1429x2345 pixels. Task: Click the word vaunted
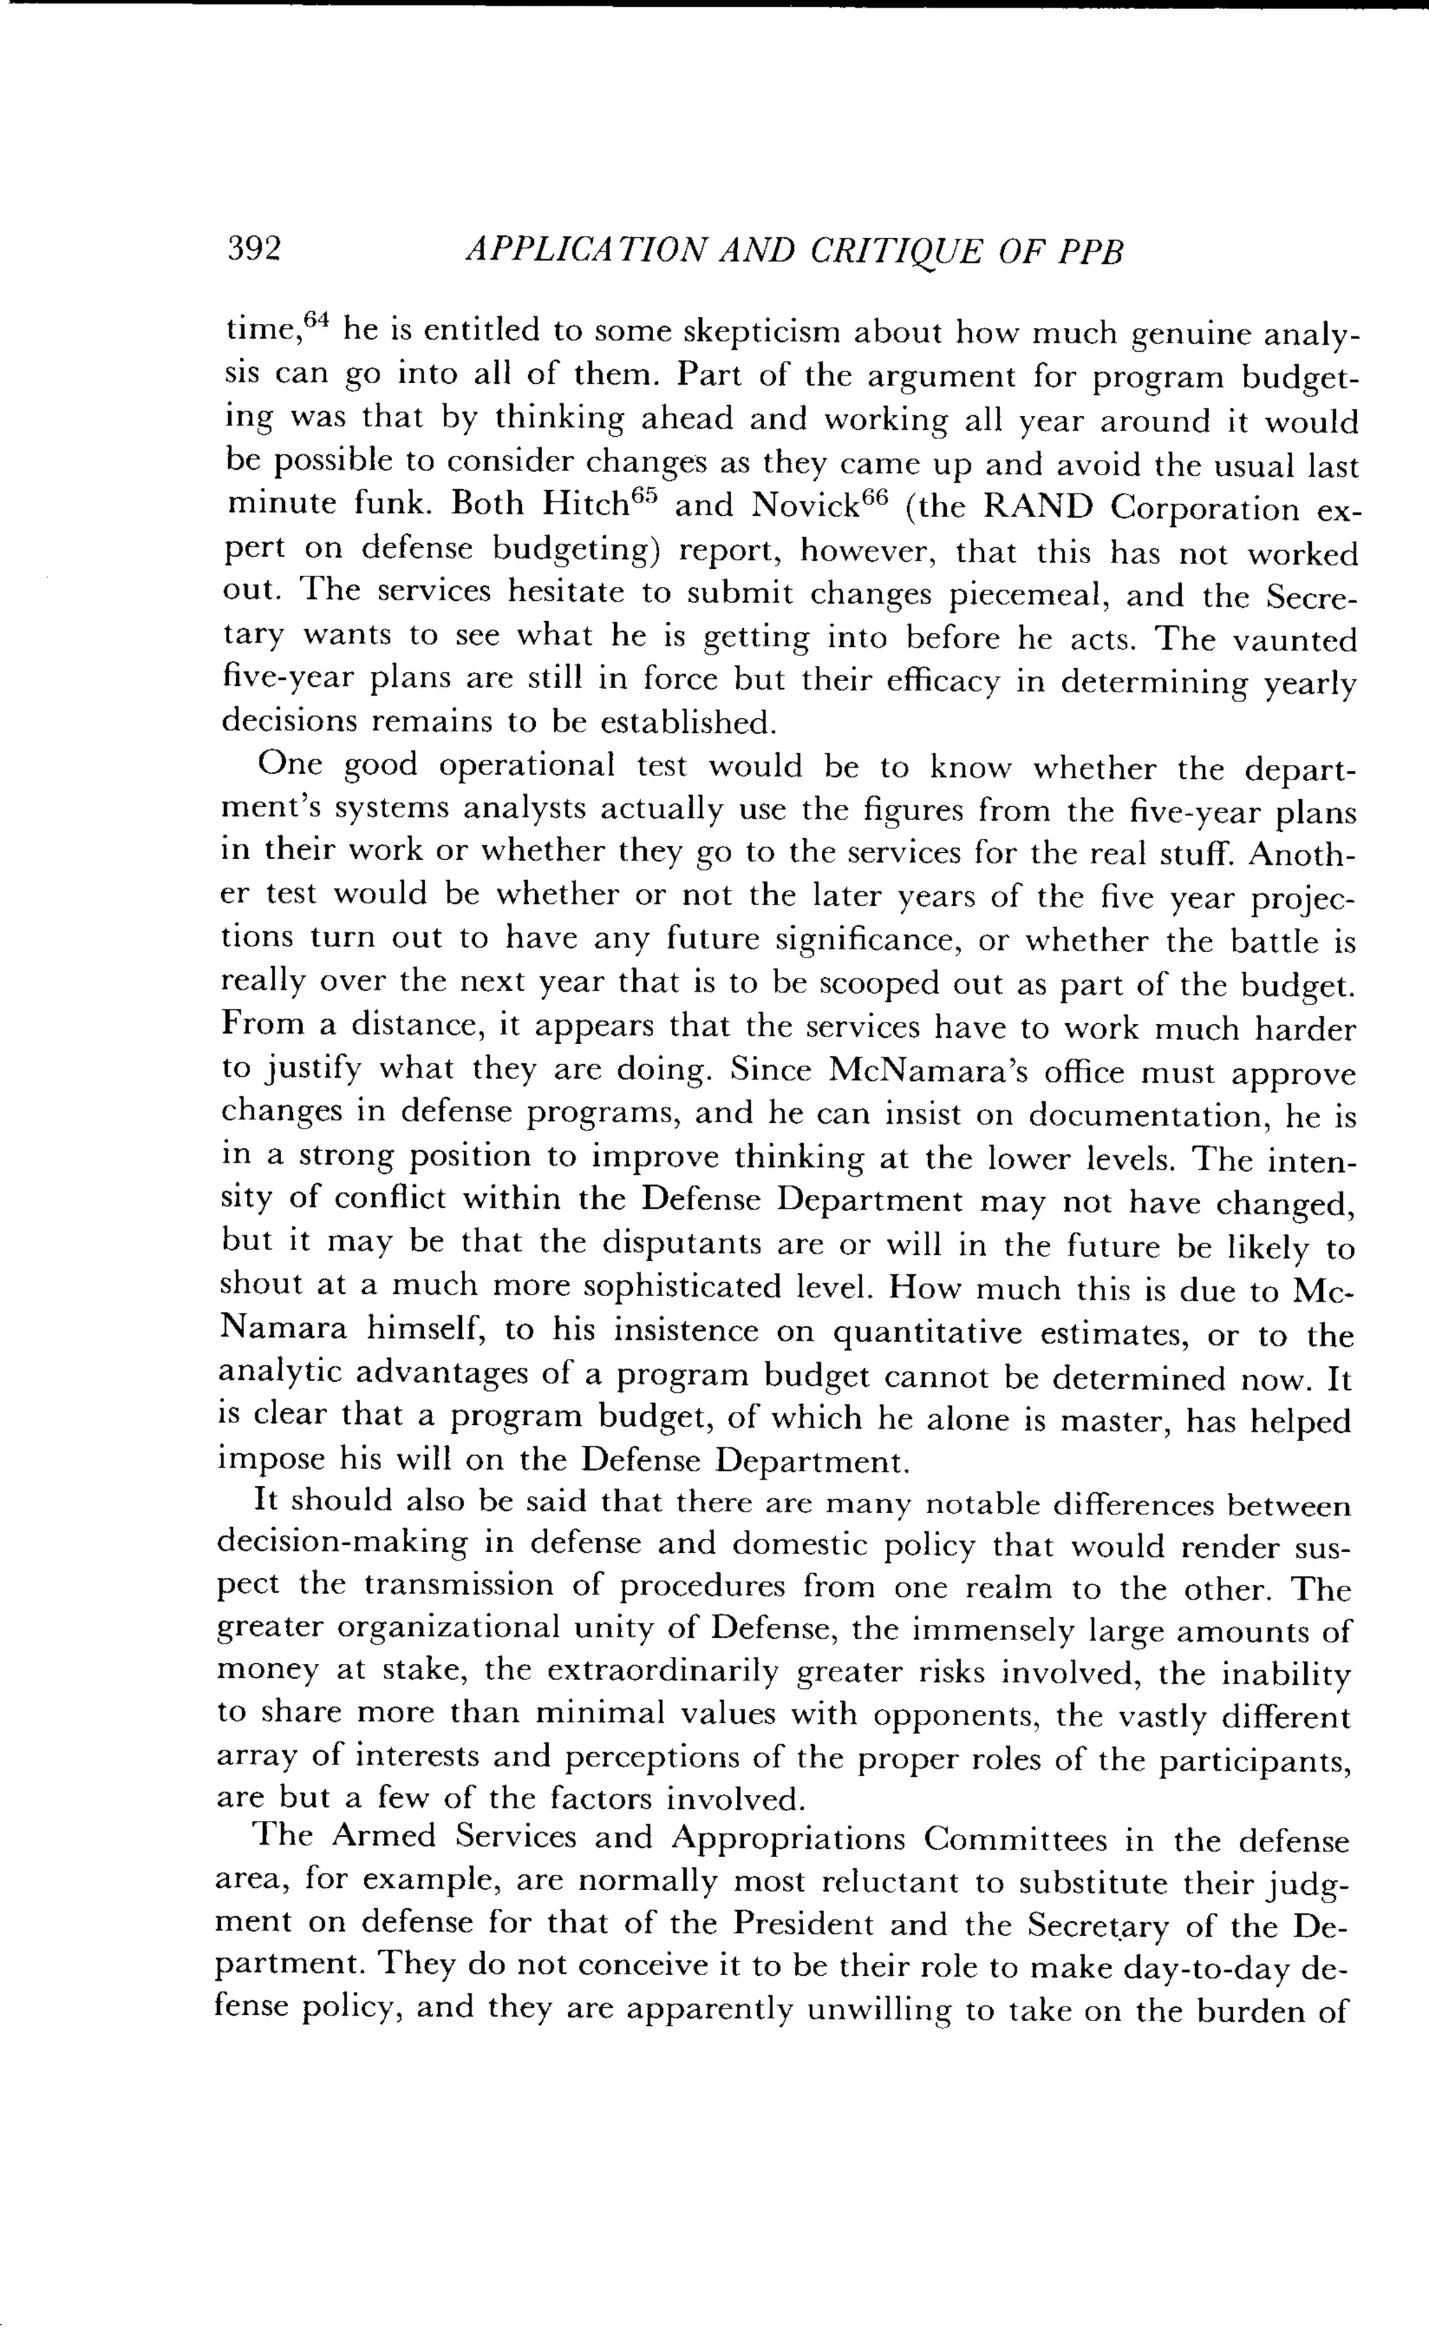[x=1295, y=641]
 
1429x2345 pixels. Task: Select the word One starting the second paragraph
[x=285, y=764]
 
